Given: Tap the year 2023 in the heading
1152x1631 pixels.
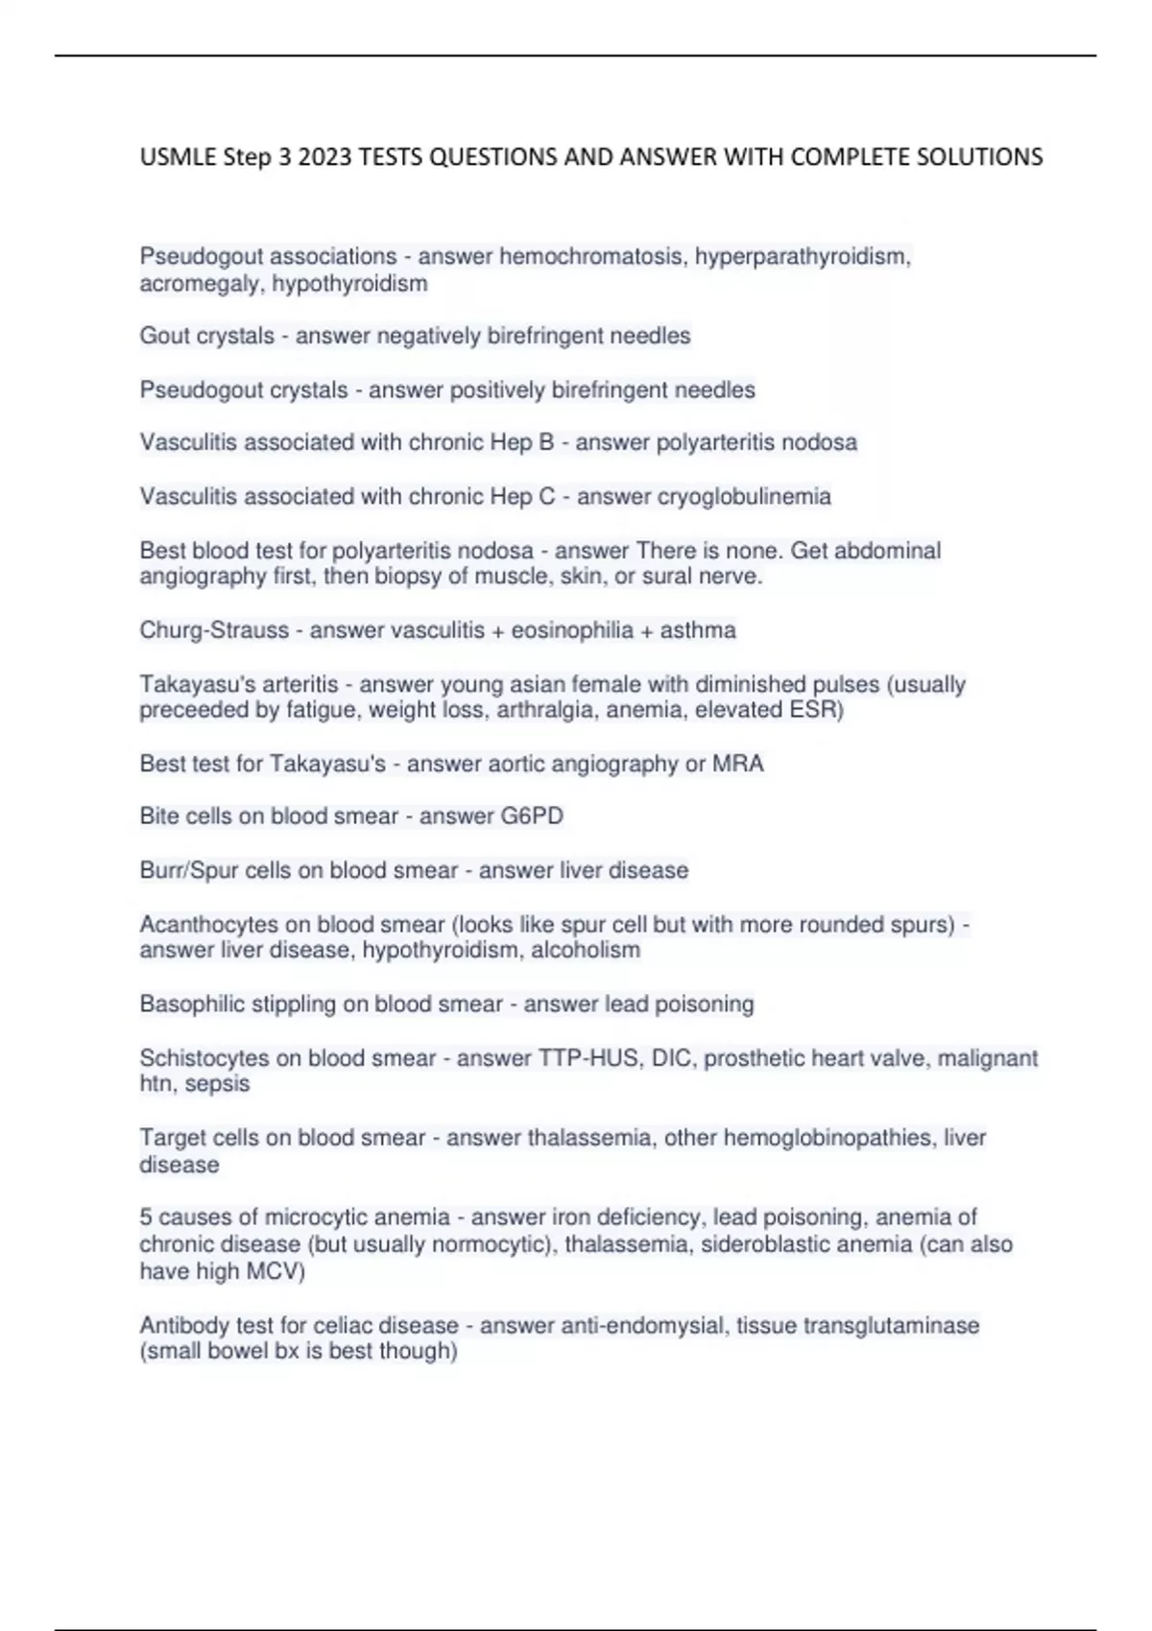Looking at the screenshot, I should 324,156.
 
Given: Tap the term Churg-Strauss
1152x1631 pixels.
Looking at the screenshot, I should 214,630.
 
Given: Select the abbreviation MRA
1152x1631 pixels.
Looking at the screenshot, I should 737,764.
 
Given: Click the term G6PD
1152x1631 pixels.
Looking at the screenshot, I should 532,816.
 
